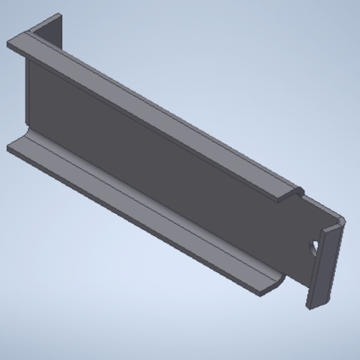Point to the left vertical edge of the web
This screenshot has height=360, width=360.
[x=27, y=94]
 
